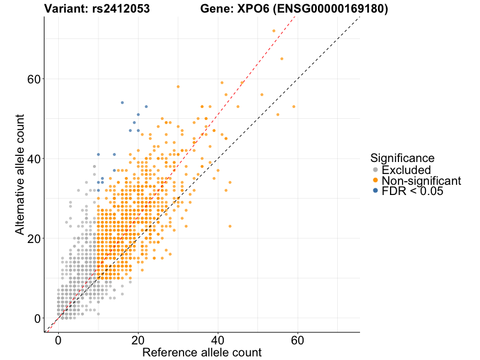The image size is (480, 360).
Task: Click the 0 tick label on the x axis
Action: tap(58, 340)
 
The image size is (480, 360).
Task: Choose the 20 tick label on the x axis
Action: tap(138, 340)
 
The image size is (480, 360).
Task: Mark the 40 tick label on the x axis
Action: tap(218, 340)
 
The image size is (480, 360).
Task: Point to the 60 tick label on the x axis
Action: tap(298, 340)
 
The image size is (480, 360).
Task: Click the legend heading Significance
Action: tap(402, 158)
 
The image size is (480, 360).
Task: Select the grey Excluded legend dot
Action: tap(375, 170)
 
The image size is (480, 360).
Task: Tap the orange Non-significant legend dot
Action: tap(375, 181)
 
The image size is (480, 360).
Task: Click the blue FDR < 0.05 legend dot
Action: tap(375, 191)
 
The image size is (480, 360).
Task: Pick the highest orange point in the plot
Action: tap(274, 31)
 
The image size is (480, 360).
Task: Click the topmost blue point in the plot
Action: tap(122, 103)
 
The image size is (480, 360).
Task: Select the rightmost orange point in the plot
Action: tap(293, 107)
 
